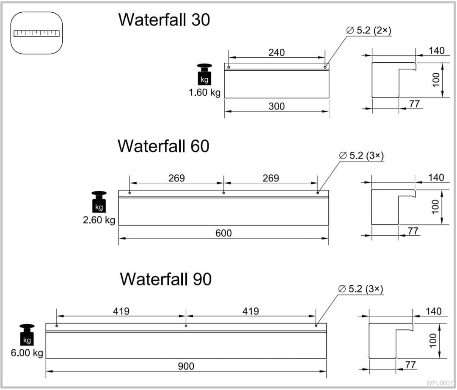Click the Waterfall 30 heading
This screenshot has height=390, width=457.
point(164,20)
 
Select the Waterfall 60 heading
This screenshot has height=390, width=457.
point(163,146)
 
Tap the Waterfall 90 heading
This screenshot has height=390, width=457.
point(165,279)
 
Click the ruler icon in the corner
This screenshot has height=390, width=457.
point(37,33)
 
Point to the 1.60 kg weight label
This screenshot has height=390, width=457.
point(204,93)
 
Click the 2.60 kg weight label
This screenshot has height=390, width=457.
point(99,220)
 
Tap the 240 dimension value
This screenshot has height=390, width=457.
point(276,53)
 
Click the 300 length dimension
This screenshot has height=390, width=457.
point(276,106)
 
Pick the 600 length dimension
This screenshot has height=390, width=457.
point(223,233)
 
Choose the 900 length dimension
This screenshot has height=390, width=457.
point(186,366)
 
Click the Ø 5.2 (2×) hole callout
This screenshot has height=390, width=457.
point(368,31)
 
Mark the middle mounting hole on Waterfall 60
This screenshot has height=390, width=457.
point(223,193)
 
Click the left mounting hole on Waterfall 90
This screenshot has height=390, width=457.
point(57,326)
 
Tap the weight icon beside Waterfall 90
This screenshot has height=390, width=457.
point(27,335)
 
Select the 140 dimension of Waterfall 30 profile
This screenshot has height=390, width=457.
point(436,51)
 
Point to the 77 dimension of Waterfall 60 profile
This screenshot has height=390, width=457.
point(413,231)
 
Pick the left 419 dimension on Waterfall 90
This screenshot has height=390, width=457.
point(121,312)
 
